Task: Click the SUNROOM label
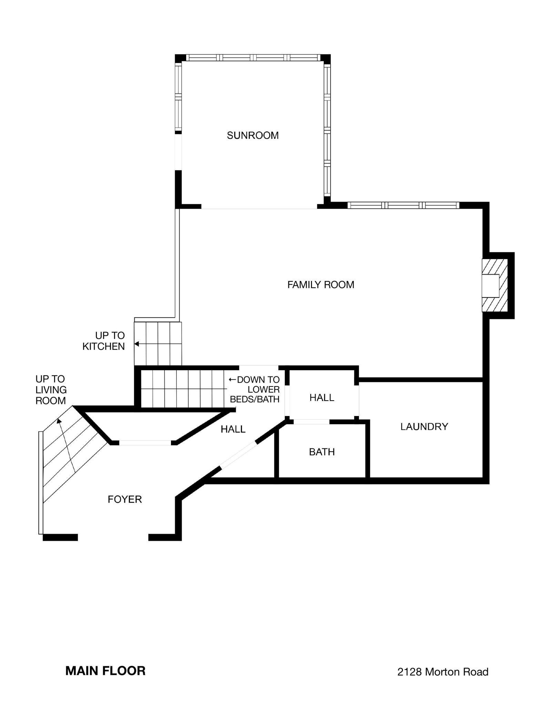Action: [253, 135]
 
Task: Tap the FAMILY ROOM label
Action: [321, 285]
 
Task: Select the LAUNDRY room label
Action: [424, 427]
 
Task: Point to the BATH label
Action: [322, 452]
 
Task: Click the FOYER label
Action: [124, 499]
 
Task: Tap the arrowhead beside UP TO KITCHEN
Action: [137, 344]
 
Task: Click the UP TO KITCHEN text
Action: [103, 341]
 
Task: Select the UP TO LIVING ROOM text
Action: [51, 390]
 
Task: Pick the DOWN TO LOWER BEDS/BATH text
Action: [254, 390]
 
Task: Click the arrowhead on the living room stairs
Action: [59, 421]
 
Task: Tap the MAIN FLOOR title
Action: [105, 671]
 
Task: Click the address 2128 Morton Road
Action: [443, 672]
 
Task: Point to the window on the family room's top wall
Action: [403, 205]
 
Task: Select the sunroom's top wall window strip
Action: [253, 58]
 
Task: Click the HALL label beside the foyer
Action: [233, 429]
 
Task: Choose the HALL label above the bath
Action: [322, 398]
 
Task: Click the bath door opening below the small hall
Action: [311, 422]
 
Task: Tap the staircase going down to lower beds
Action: [183, 389]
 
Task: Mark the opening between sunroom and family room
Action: [259, 208]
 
